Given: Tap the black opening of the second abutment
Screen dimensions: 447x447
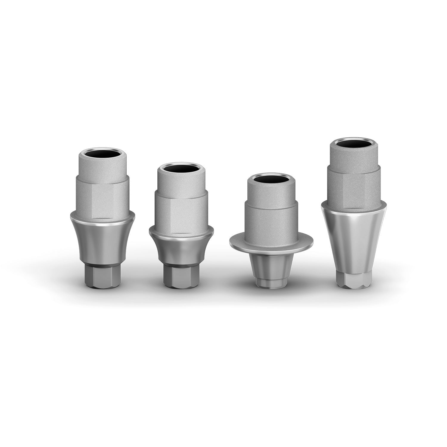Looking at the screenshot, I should [181, 169].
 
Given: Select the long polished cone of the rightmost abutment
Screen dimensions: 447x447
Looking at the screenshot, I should [354, 235].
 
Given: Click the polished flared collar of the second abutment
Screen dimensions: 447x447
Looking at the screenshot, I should [181, 247].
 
